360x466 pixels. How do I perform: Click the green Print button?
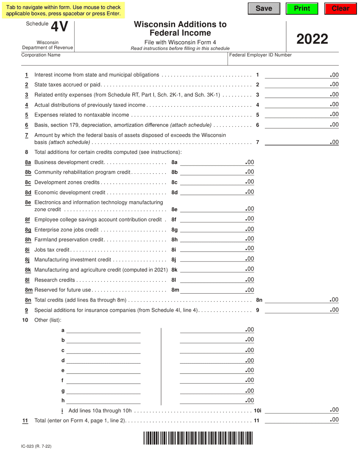(302, 9)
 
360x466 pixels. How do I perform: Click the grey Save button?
(264, 9)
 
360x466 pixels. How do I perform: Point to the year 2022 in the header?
(312, 39)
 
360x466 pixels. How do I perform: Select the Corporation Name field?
(123, 61)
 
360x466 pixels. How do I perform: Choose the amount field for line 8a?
(212, 162)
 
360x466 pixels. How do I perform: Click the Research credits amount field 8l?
(212, 280)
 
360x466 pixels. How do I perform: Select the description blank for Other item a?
(103, 330)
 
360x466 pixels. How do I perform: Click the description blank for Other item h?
(103, 400)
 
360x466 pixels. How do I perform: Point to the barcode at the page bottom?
(198, 438)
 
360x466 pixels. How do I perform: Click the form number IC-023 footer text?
(36, 446)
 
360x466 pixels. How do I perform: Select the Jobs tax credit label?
(52, 250)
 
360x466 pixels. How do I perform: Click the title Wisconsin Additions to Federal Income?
(180, 28)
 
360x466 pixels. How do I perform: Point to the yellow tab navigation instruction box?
(63, 10)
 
